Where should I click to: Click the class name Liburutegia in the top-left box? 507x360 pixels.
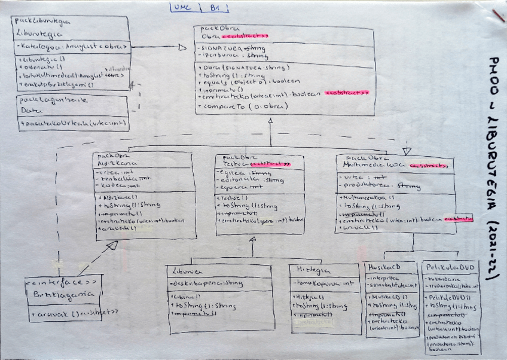click(x=35, y=32)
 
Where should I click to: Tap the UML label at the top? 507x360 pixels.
click(x=181, y=8)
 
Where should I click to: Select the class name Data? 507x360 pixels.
click(x=27, y=111)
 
